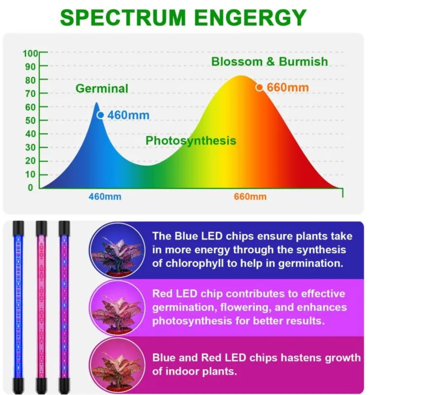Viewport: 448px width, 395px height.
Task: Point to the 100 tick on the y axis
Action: (31, 53)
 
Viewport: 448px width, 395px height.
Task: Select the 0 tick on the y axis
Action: (31, 188)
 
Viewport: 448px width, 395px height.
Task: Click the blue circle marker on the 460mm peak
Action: (101, 115)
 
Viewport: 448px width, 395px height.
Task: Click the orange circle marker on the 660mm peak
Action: (259, 87)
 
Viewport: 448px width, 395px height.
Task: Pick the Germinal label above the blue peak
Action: (102, 88)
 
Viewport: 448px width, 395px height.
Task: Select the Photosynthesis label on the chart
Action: (190, 141)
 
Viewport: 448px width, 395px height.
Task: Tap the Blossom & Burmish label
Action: (269, 62)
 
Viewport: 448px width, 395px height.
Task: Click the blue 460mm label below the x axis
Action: (105, 197)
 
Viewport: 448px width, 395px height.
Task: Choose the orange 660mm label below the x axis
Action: (250, 197)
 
